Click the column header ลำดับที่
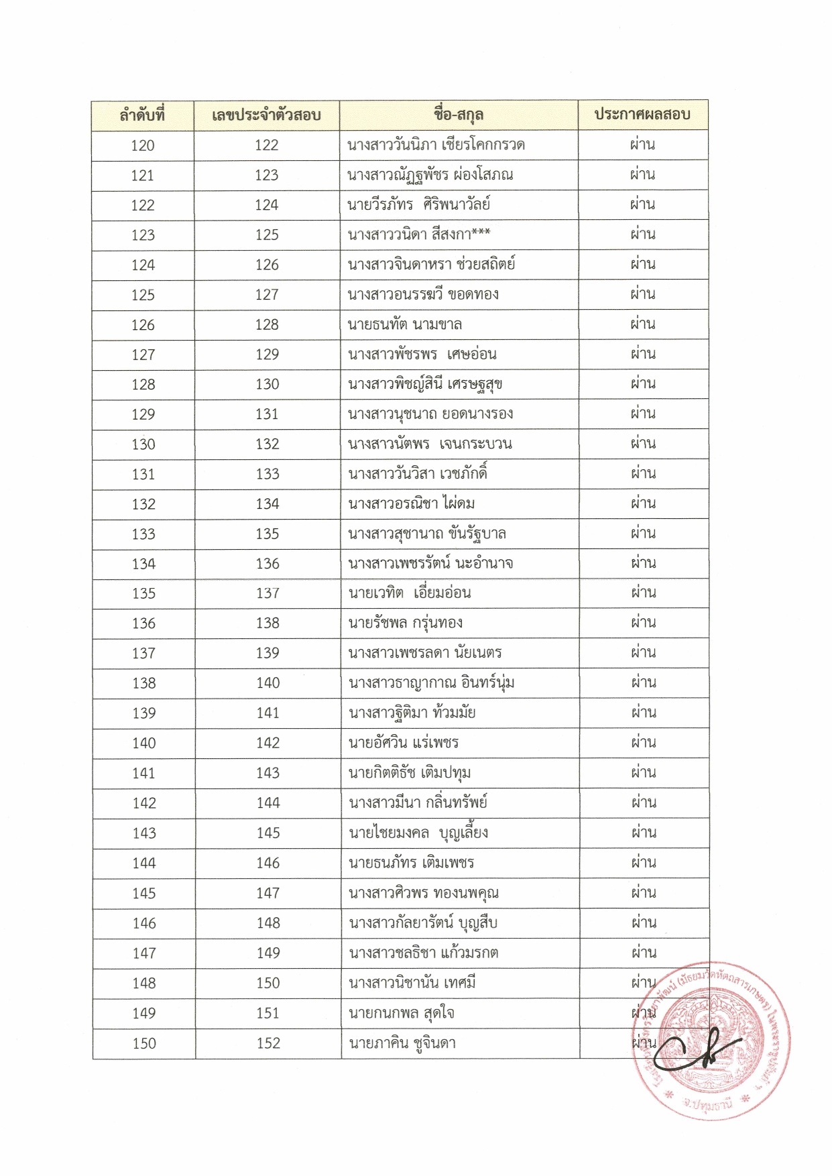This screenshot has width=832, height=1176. pos(142,115)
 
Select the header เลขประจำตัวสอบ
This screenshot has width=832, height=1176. pos(266,115)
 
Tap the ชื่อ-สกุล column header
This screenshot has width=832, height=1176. pos(459,115)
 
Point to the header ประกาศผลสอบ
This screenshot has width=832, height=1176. pos(642,115)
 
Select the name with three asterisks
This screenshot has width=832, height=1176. pos(419,235)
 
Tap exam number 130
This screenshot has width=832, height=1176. pos(267,384)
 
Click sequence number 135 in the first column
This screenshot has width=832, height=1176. pos(143,593)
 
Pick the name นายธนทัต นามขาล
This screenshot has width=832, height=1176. pos(405,325)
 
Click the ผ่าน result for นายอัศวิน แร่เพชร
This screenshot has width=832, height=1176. pos(644,742)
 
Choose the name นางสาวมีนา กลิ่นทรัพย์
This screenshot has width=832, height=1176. pos(418,803)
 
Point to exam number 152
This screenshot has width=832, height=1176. pos(268,1043)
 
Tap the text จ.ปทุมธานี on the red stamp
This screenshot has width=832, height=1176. pos(708,1104)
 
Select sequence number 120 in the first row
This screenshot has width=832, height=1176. pos(143,145)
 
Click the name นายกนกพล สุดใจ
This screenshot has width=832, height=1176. pos(402,1013)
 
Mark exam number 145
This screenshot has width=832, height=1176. pos(268,833)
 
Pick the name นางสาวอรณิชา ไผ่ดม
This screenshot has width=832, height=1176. pos(412,504)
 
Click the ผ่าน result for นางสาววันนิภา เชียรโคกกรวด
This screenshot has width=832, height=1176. pos(642,145)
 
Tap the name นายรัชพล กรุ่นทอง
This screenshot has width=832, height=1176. pos(406,623)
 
